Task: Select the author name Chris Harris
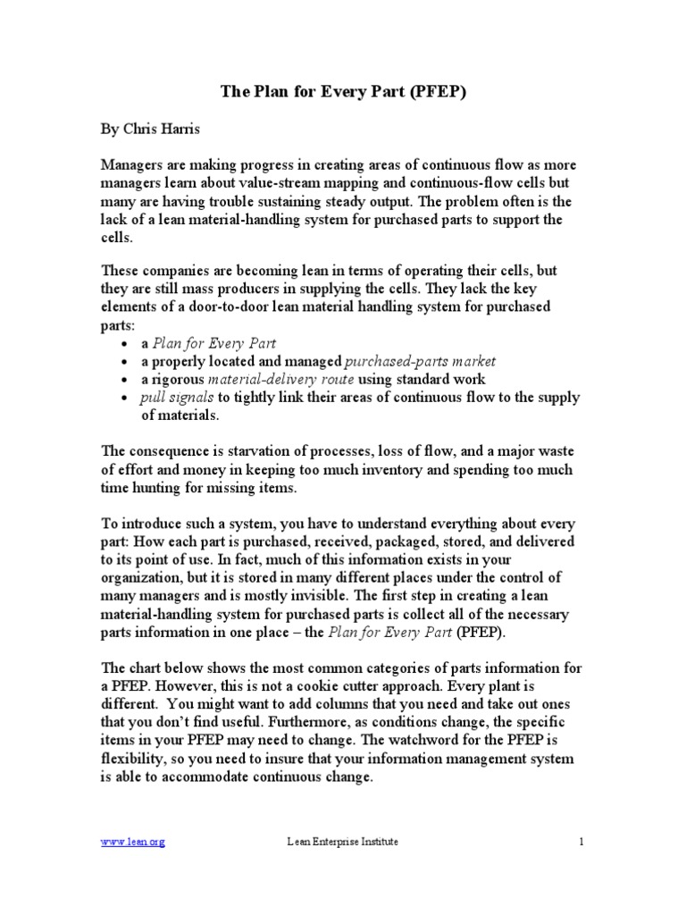point(168,129)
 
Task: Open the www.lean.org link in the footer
point(132,841)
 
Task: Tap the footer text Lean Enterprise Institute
point(343,841)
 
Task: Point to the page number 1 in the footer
point(581,841)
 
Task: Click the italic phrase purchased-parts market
point(420,361)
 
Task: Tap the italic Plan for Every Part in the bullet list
point(214,343)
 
